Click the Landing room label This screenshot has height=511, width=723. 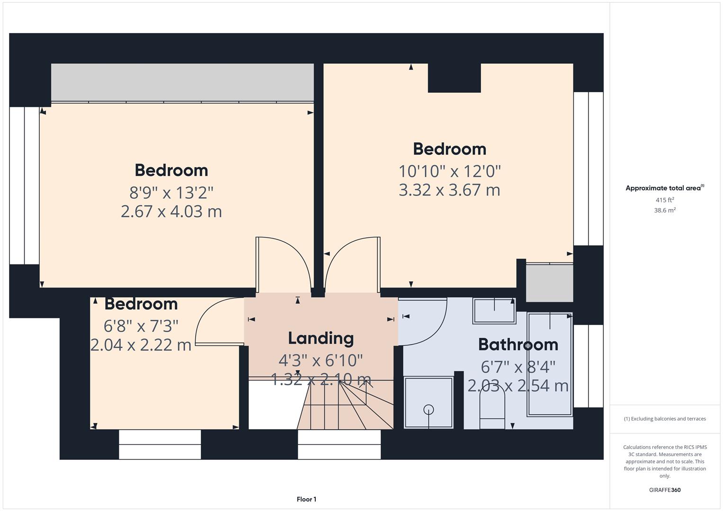point(321,338)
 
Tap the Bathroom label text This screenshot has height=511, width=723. point(518,344)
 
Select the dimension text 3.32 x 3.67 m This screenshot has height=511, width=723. point(449,190)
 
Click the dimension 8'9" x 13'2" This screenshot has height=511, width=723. point(171,193)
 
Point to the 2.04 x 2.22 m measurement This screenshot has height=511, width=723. point(141,345)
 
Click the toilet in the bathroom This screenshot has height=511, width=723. point(492,407)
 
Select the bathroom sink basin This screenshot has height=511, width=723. point(494,310)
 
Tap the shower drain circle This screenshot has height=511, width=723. point(428,410)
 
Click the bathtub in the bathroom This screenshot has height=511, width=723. point(550,364)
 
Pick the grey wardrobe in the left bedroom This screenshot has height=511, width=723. point(182,82)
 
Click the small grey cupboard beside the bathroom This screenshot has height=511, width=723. point(549,283)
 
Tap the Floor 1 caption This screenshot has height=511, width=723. point(306,499)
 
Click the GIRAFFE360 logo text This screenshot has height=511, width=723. point(664,490)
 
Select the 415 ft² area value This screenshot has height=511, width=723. point(664,200)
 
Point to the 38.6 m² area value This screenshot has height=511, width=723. point(664,211)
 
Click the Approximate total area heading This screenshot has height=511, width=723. point(664,188)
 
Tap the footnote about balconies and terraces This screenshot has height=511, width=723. point(664,419)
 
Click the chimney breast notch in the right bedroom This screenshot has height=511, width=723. point(454,78)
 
